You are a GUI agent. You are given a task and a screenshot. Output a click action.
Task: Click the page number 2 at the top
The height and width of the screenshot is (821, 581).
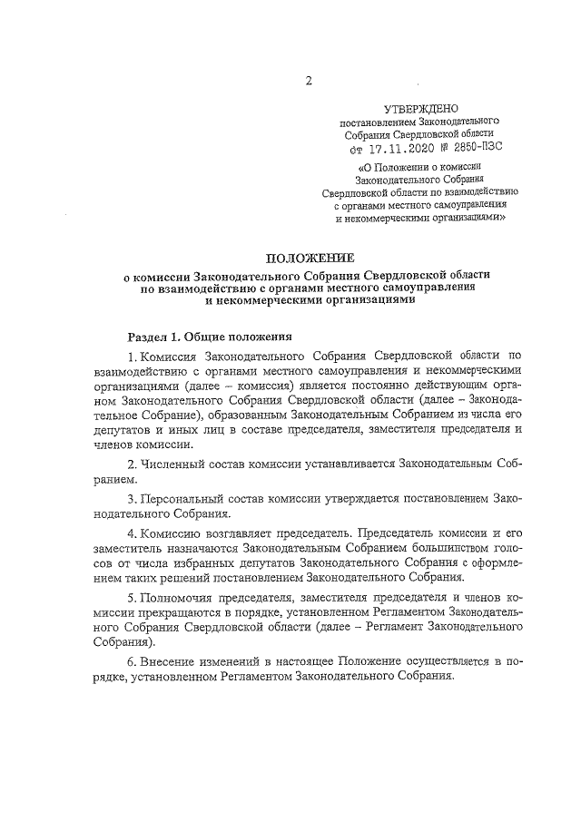pos(308,81)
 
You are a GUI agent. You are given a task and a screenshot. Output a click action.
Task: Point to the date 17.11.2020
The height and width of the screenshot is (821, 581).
pos(402,145)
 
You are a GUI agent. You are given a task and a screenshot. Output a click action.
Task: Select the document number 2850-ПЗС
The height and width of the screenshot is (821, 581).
pos(470,145)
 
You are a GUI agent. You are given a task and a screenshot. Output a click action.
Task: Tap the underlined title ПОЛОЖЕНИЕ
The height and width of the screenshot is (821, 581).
pos(308,259)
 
